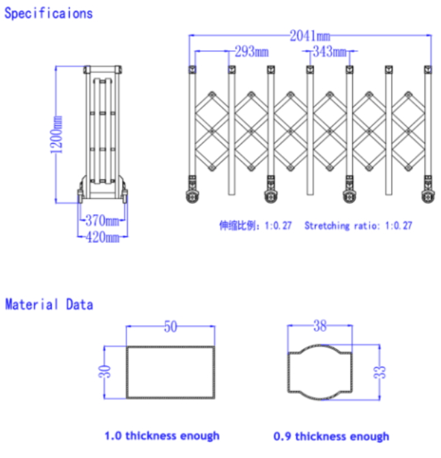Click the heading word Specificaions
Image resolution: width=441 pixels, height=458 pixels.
(x=48, y=14)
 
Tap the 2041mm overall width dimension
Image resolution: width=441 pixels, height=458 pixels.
(x=310, y=36)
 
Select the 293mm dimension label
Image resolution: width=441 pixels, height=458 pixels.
(x=252, y=52)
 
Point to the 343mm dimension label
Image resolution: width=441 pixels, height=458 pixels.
(x=330, y=52)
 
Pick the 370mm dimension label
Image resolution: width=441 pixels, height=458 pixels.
(x=102, y=220)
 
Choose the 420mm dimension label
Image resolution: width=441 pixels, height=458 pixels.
(x=102, y=236)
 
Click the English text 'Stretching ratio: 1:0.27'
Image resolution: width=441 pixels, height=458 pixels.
(x=358, y=226)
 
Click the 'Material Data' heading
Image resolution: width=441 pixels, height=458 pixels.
(x=49, y=305)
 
